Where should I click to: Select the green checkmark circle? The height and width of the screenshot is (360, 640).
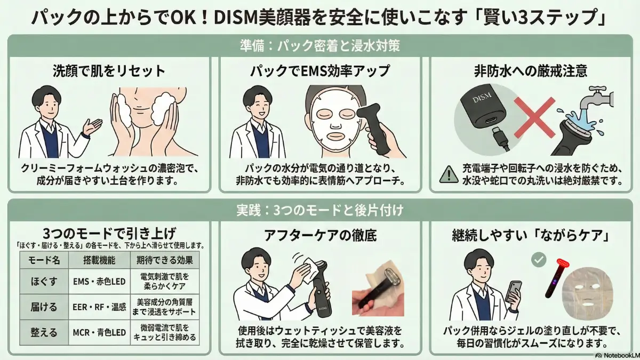pos(539,260)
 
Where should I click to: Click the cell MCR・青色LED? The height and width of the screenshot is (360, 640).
pos(99,333)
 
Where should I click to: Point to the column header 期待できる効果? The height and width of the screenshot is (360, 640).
pos(164,260)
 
